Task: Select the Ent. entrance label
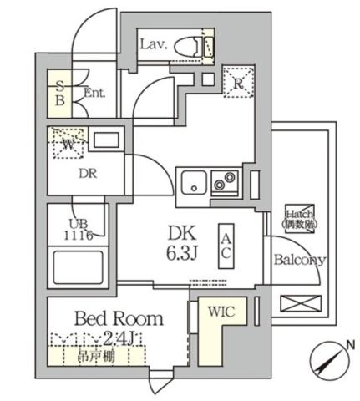tap(94, 93)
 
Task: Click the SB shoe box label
tap(60, 90)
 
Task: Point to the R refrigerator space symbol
tap(237, 82)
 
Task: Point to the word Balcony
tap(300, 259)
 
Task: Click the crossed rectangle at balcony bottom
tap(300, 305)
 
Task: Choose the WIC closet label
tap(221, 313)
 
